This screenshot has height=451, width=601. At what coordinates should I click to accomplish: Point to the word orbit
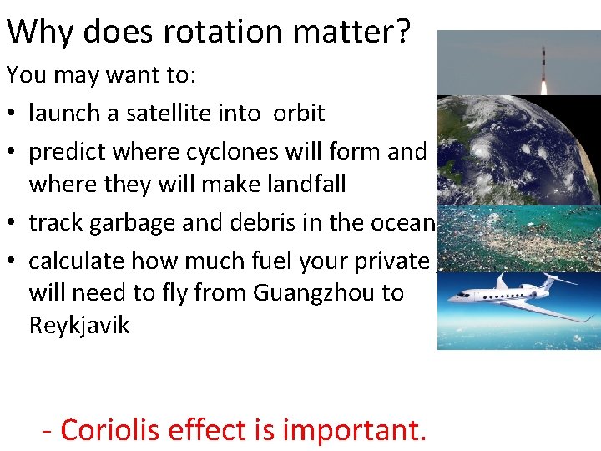(298, 113)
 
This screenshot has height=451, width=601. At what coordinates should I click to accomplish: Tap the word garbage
(128, 222)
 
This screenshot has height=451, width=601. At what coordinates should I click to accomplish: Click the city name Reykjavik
(79, 325)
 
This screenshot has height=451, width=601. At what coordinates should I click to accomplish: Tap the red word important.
(355, 430)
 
